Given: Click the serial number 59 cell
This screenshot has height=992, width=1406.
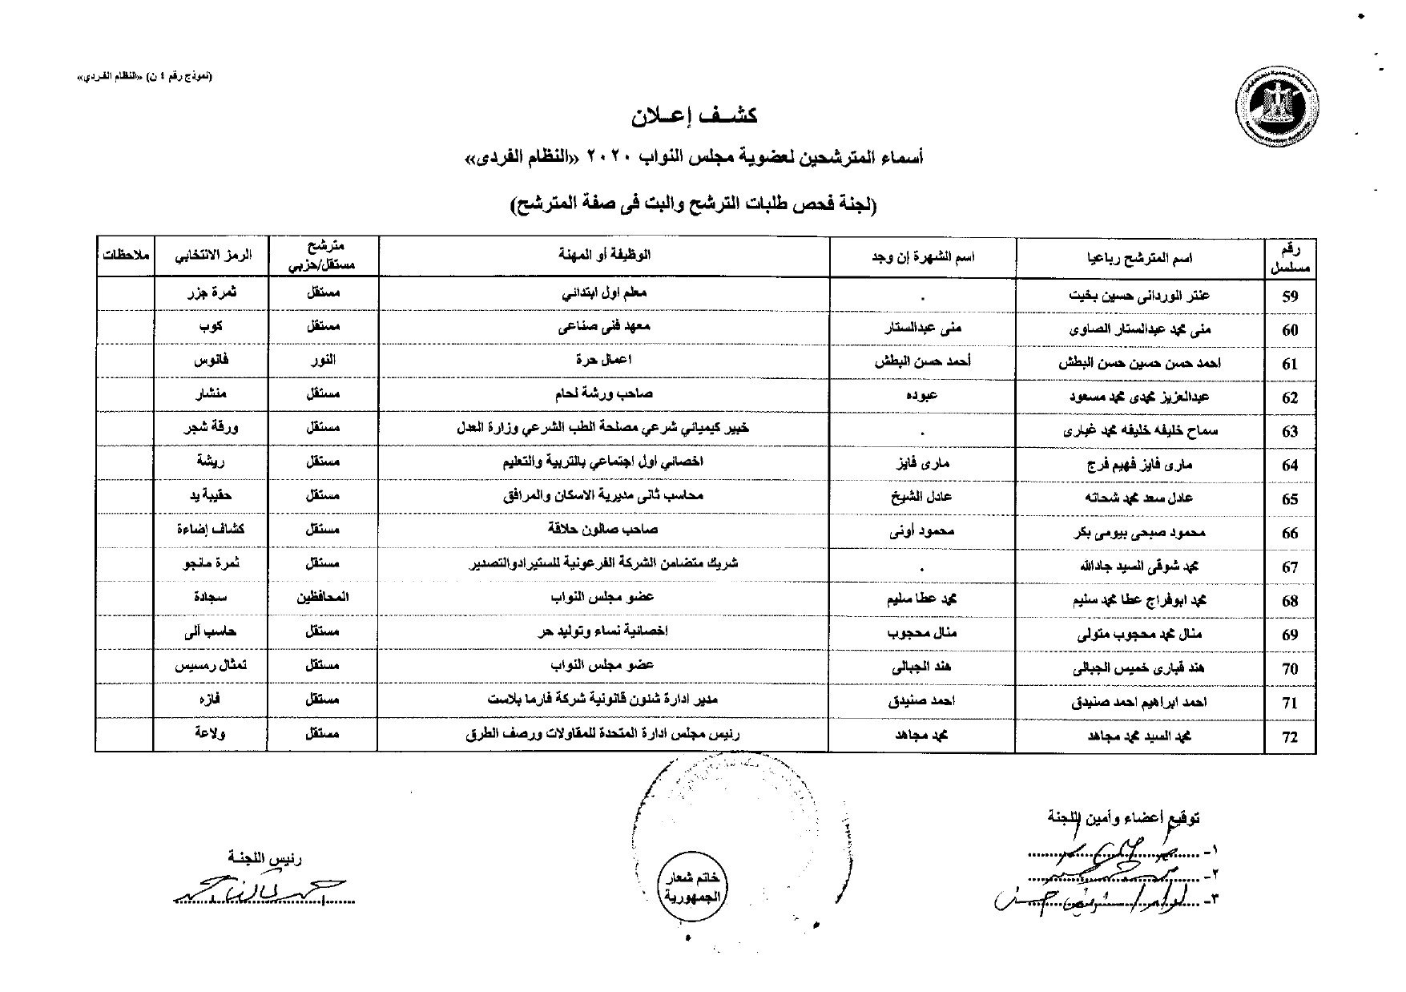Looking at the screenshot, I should click(x=1289, y=296).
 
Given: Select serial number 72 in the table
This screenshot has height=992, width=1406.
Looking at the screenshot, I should click(x=1289, y=737).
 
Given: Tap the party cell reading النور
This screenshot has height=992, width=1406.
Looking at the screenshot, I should click(x=324, y=361).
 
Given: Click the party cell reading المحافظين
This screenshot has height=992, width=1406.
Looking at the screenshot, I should click(x=324, y=597).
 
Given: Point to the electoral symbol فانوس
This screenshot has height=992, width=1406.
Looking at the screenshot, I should click(x=212, y=361).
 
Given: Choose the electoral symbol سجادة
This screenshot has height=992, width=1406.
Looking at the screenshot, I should click(x=212, y=597).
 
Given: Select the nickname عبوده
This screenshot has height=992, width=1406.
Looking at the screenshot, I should click(x=923, y=395).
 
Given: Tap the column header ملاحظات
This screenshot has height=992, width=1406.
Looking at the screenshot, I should click(x=125, y=256).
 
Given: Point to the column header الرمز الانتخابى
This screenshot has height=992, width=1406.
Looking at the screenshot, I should click(x=212, y=256).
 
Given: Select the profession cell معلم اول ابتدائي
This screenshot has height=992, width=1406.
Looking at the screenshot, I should click(x=604, y=293).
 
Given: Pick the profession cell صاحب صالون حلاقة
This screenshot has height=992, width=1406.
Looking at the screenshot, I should click(x=604, y=530).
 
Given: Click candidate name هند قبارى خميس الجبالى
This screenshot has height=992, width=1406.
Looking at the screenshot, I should click(x=1140, y=667).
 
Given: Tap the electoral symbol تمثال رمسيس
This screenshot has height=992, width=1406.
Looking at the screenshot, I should click(x=212, y=666).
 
